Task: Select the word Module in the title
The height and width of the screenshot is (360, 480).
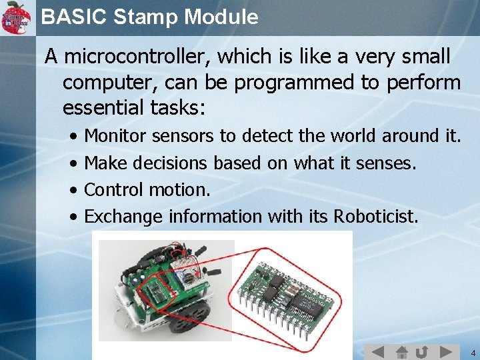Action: pyautogui.click(x=221, y=17)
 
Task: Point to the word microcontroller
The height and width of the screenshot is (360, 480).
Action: pyautogui.click(x=137, y=57)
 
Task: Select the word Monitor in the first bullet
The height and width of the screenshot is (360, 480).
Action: pyautogui.click(x=116, y=136)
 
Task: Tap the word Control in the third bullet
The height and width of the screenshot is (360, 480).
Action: pyautogui.click(x=114, y=189)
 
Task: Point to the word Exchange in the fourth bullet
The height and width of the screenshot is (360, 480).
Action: pyautogui.click(x=125, y=216)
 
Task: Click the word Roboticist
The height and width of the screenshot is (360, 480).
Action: pyautogui.click(x=376, y=216)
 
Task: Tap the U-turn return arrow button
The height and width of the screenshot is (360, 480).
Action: pyautogui.click(x=421, y=351)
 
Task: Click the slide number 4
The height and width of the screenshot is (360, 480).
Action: pyautogui.click(x=472, y=352)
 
